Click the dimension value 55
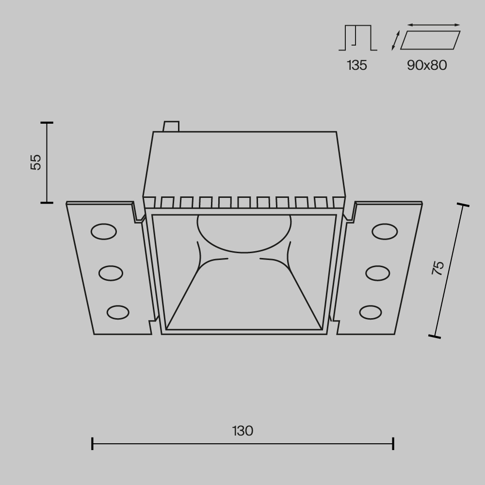[36, 162]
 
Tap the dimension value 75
[438, 268]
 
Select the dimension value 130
[242, 431]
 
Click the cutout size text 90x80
[427, 65]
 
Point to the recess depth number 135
[357, 65]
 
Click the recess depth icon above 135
[357, 38]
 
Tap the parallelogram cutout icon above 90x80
[430, 40]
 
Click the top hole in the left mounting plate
[104, 232]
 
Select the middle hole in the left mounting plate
[111, 273]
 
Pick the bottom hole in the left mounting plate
[118, 312]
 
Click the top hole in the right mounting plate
[385, 232]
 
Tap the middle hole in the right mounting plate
[378, 273]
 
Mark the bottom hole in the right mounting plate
[371, 312]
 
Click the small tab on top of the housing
[171, 126]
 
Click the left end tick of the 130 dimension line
[92, 443]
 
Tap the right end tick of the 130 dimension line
[393, 443]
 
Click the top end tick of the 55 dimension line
[47, 123]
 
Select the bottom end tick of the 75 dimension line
[435, 336]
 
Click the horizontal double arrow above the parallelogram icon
[434, 25]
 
